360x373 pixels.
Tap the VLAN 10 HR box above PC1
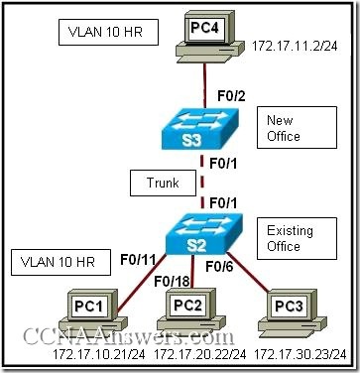[x=53, y=265]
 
